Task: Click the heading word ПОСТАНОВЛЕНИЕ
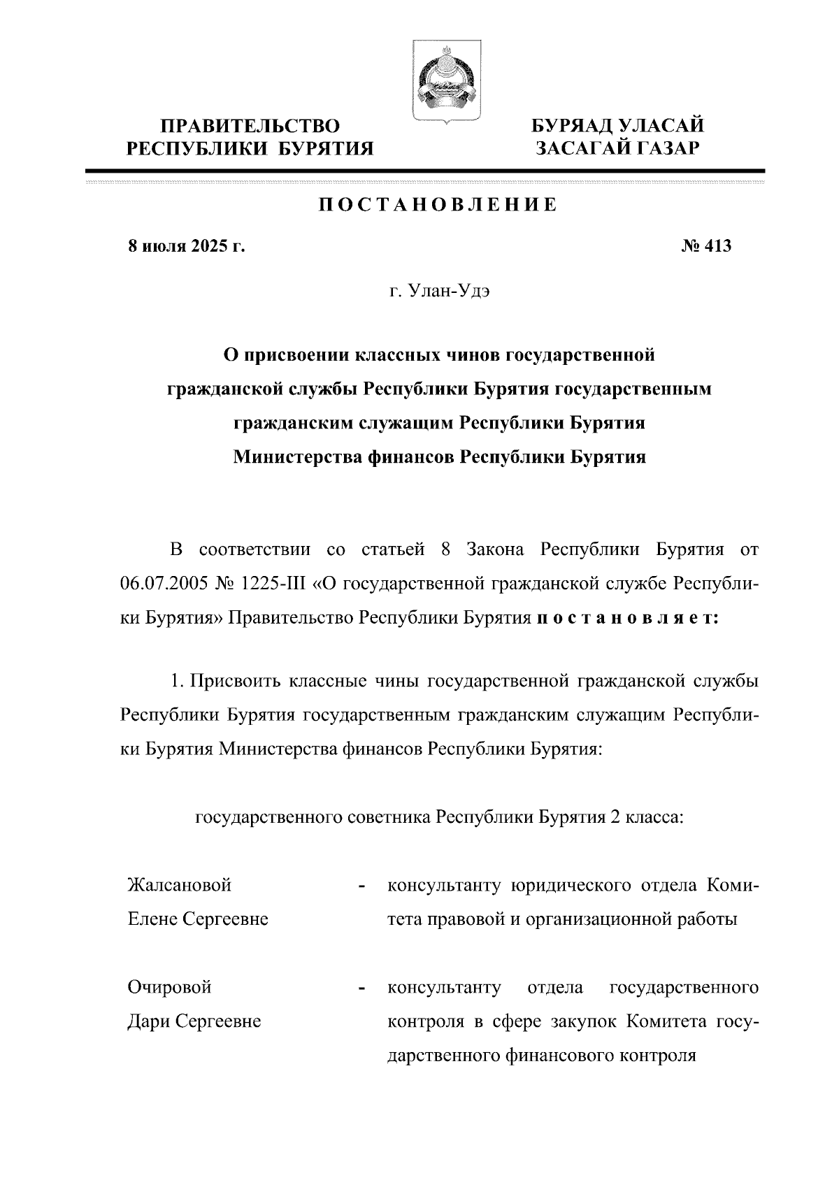pyautogui.click(x=438, y=205)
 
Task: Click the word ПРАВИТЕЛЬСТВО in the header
pyautogui.click(x=250, y=126)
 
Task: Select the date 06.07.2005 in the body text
pyautogui.click(x=165, y=584)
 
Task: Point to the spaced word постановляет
pyautogui.click(x=626, y=618)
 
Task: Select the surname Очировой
pyautogui.click(x=169, y=988)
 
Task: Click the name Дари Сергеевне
pyautogui.click(x=194, y=1021)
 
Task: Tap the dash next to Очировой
pyautogui.click(x=361, y=989)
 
